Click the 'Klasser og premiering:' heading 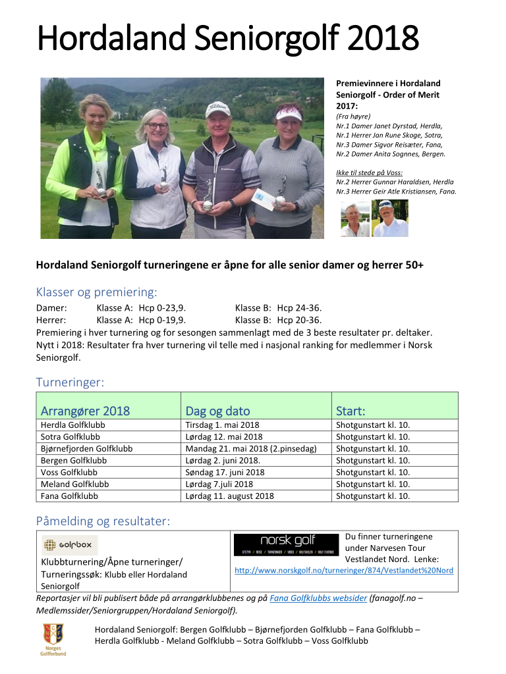tap(96, 292)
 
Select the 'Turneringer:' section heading tap(70, 382)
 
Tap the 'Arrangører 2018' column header tap(85, 411)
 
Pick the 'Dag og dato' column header tap(217, 411)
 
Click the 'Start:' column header tap(351, 411)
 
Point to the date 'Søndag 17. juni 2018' tap(225, 473)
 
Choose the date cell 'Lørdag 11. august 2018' tap(229, 496)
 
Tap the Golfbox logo tap(70, 545)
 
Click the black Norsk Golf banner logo tap(287, 544)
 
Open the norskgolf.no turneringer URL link tap(344, 571)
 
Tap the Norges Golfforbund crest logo tap(53, 636)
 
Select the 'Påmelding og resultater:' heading tap(103, 521)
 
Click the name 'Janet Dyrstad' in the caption tap(389, 126)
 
